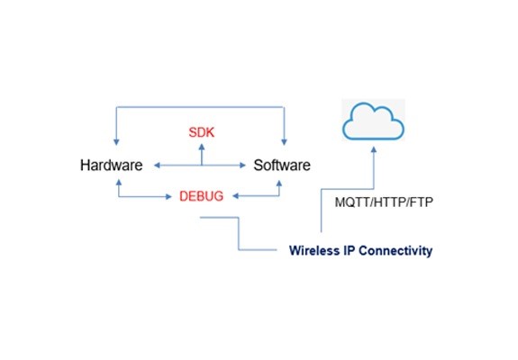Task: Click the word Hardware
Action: (112, 165)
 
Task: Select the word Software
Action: (282, 165)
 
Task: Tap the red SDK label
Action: (202, 132)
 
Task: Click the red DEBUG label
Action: (202, 196)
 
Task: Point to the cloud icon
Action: (373, 121)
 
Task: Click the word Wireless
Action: (313, 250)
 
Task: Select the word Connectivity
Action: (395, 251)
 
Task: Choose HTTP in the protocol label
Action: (390, 202)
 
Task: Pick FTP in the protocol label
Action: (422, 202)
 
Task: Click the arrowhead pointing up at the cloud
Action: (374, 149)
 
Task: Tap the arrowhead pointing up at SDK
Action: (202, 147)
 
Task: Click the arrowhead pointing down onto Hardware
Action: (116, 142)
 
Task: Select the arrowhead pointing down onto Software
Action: (284, 142)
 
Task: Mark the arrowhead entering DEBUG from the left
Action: (168, 197)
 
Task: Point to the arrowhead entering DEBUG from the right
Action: (236, 196)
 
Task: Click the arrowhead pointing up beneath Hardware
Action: (119, 183)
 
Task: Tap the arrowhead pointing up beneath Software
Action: (279, 184)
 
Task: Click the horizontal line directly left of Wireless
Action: (258, 250)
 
